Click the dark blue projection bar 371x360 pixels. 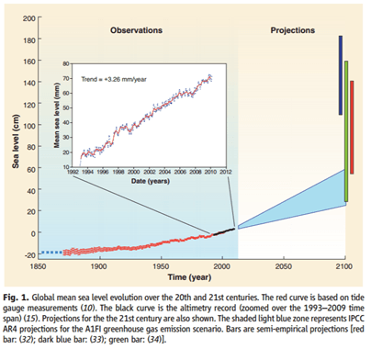tap(341, 75)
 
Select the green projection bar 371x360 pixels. tap(346, 131)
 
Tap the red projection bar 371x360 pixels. tap(352, 128)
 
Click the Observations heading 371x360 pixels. tap(136, 30)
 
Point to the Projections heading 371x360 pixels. tap(293, 30)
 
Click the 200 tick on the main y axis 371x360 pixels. tap(29, 18)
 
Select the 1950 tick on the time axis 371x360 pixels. tap(161, 266)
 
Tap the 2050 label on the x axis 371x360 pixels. tap(284, 266)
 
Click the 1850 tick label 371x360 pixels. tap(38, 266)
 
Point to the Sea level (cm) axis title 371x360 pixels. tap(16, 141)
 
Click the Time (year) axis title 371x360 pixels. tap(189, 277)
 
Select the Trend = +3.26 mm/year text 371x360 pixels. tap(114, 79)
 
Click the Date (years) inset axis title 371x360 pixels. tap(151, 181)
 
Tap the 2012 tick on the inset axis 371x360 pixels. tap(226, 172)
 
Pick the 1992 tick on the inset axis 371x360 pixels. tap(73, 172)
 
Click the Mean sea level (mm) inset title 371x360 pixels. tap(57, 116)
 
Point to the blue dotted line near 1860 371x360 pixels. tap(52, 253)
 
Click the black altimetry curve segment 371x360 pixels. tap(224, 231)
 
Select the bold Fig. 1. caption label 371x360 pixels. tap(17, 298)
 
